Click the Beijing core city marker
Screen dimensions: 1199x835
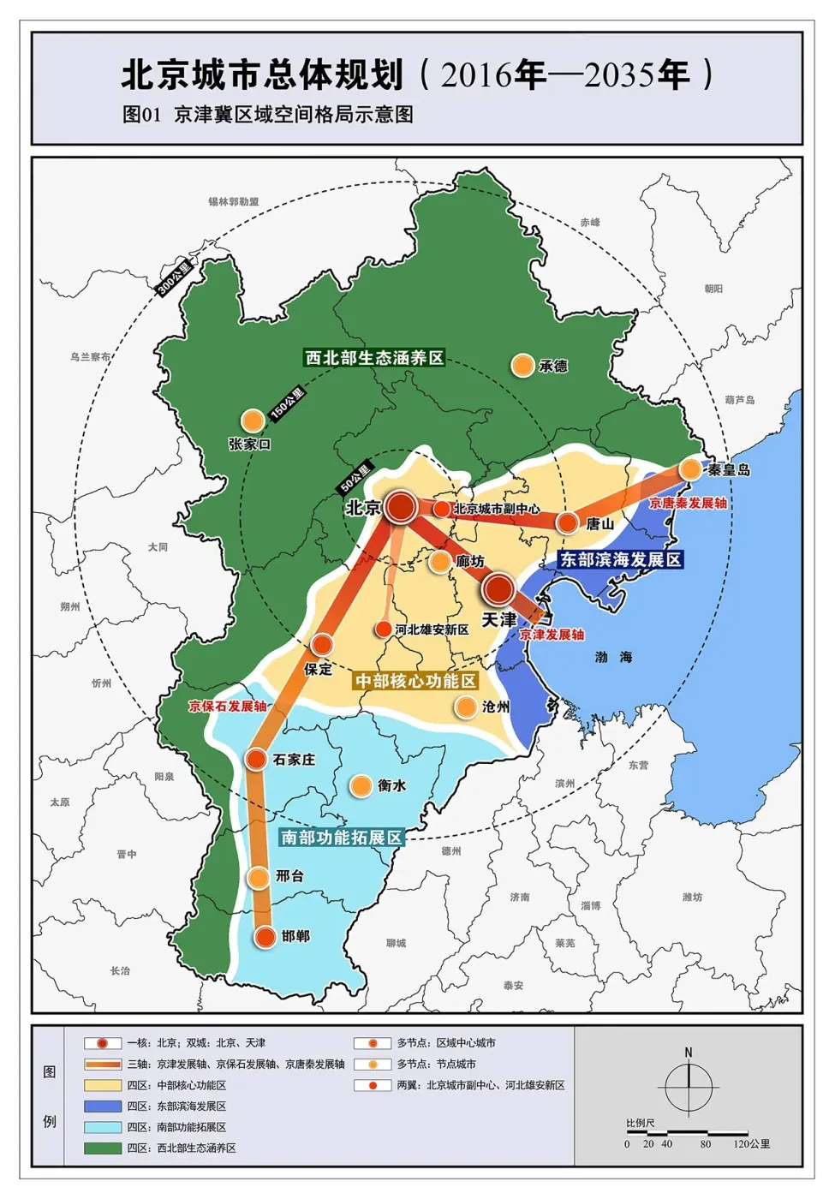(400, 507)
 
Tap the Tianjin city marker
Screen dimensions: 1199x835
(498, 589)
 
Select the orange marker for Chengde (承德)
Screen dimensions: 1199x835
(522, 366)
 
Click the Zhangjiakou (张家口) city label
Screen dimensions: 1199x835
(249, 444)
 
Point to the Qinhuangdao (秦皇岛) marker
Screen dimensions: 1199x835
(690, 468)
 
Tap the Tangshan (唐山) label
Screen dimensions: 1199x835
(599, 523)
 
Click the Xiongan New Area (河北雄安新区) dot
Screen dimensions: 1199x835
(384, 629)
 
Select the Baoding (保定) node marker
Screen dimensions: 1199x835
(322, 645)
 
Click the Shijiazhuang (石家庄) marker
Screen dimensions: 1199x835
(256, 759)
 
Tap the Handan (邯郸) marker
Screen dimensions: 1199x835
(265, 936)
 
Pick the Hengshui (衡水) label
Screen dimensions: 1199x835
(391, 785)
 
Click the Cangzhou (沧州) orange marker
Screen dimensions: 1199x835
(466, 707)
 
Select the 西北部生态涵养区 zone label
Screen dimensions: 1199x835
(375, 357)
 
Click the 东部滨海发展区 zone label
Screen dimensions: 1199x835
(620, 559)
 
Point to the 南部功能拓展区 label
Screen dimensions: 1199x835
(341, 837)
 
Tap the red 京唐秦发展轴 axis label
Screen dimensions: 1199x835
(688, 503)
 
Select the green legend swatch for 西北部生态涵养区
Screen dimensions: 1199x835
(103, 1148)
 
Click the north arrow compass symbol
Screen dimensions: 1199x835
(689, 1088)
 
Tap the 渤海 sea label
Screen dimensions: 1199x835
(613, 657)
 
